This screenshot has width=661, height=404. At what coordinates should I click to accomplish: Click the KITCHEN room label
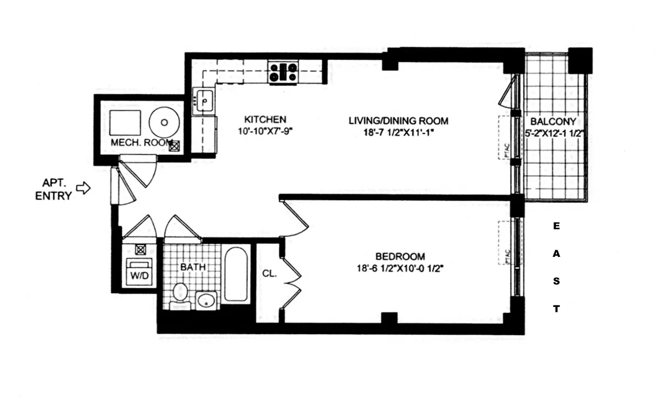pos(265,119)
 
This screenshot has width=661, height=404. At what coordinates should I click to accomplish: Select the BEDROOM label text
pos(400,256)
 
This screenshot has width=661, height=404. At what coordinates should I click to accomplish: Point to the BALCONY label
pos(553,121)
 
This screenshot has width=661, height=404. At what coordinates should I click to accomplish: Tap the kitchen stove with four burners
pos(284,73)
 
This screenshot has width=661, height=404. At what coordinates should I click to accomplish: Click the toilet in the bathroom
pos(180,292)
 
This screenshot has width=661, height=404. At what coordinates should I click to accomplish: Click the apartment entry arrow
pos(83,188)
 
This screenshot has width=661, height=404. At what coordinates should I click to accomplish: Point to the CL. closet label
pos(269,272)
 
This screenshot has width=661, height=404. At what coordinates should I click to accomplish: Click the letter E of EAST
pos(556,227)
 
